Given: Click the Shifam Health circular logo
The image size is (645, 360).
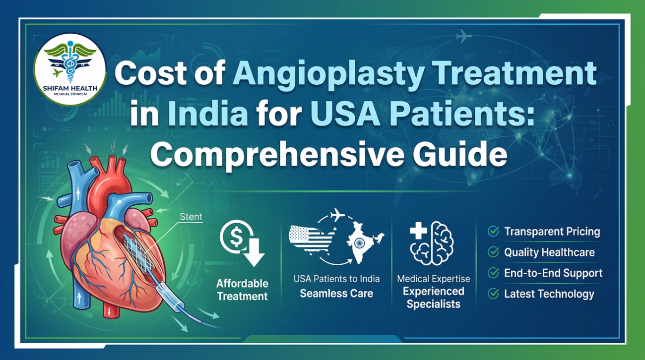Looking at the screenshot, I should click(69, 69).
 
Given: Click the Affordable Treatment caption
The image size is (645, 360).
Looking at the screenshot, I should click(242, 290).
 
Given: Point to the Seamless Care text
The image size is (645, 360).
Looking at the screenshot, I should click(336, 293).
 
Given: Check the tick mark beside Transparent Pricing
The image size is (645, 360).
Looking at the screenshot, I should click(493, 231).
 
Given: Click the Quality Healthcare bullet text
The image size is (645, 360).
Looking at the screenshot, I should click(549, 252).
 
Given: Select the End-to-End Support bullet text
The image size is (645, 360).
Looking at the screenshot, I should click(553, 273).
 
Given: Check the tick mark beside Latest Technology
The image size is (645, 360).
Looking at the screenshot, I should click(493, 294).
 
